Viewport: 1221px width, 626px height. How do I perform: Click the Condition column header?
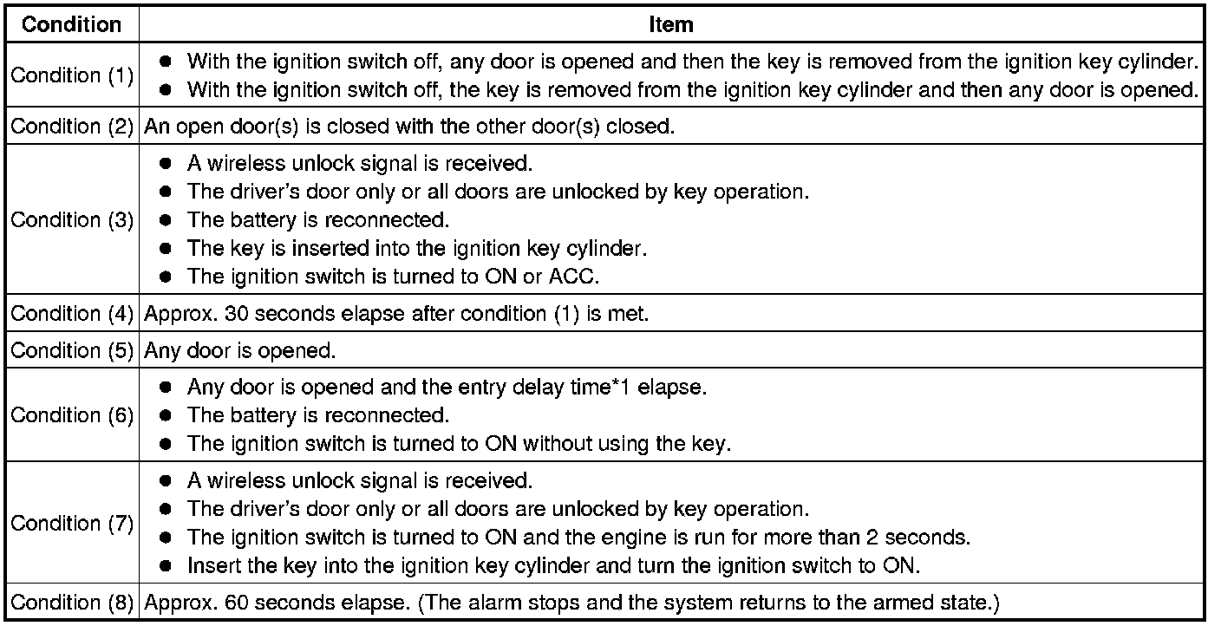click(x=72, y=24)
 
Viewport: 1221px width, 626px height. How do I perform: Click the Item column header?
click(x=670, y=24)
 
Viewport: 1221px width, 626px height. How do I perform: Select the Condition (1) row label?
click(x=72, y=75)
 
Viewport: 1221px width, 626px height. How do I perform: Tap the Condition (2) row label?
click(x=72, y=126)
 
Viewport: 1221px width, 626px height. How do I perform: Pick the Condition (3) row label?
click(x=72, y=219)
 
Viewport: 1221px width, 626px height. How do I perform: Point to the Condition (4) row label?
click(x=72, y=313)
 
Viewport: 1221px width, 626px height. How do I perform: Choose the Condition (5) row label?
click(x=72, y=350)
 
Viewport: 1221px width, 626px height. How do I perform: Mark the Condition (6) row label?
click(x=72, y=415)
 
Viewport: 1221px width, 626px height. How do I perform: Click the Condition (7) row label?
click(x=72, y=523)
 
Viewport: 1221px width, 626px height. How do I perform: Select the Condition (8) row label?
click(x=72, y=602)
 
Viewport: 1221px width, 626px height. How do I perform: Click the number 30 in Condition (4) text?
click(x=237, y=313)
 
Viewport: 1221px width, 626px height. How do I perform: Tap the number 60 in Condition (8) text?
click(x=237, y=602)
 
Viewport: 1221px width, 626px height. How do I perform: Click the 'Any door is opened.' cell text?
click(x=239, y=350)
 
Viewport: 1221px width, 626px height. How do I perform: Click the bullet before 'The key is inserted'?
click(x=166, y=249)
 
